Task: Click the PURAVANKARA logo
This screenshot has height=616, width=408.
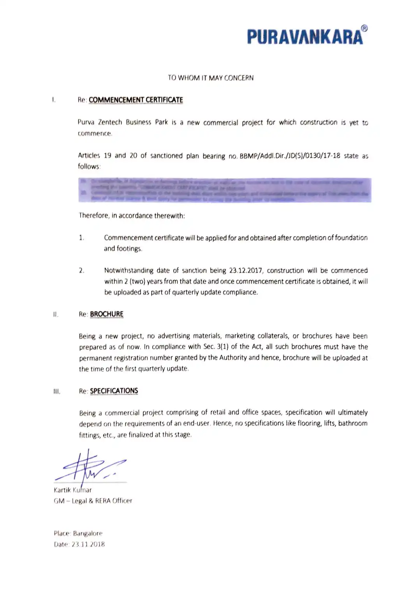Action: tap(305, 37)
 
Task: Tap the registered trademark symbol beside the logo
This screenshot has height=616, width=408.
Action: tap(364, 28)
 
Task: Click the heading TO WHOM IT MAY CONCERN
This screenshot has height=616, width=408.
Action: tap(211, 78)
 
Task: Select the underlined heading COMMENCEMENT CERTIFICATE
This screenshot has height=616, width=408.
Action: tap(136, 100)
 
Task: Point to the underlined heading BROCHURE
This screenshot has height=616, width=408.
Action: tap(107, 314)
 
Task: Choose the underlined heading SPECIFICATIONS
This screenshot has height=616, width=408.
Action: tap(114, 391)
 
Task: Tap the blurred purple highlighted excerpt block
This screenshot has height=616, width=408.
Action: tap(225, 190)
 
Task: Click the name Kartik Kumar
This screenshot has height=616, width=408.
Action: tap(73, 490)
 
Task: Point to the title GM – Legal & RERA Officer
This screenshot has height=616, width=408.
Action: tap(93, 501)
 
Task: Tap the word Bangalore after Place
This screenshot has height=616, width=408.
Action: tap(88, 533)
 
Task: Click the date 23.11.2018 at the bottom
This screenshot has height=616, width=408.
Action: tap(88, 544)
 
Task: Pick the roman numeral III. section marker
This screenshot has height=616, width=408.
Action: tap(57, 391)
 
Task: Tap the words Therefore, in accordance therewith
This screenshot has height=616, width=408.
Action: tap(132, 215)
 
